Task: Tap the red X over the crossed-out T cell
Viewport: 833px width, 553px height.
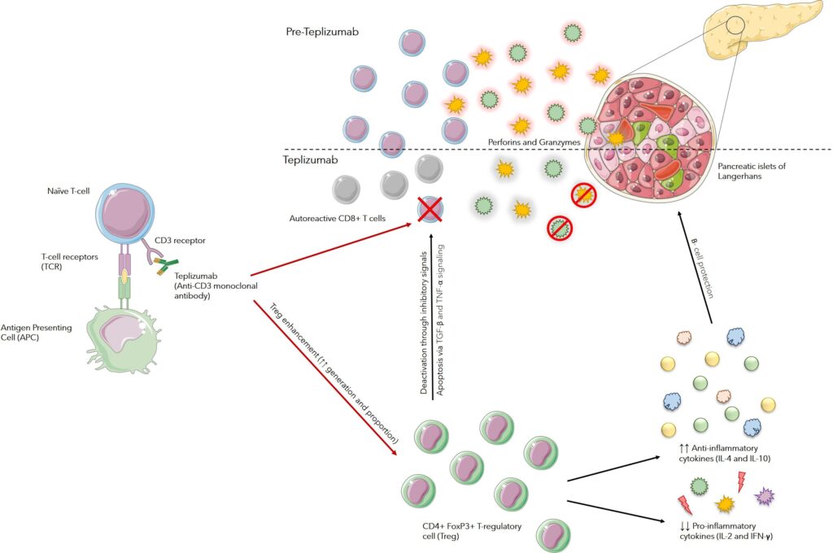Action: click(430, 208)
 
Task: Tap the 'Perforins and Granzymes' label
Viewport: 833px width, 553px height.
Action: click(532, 142)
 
